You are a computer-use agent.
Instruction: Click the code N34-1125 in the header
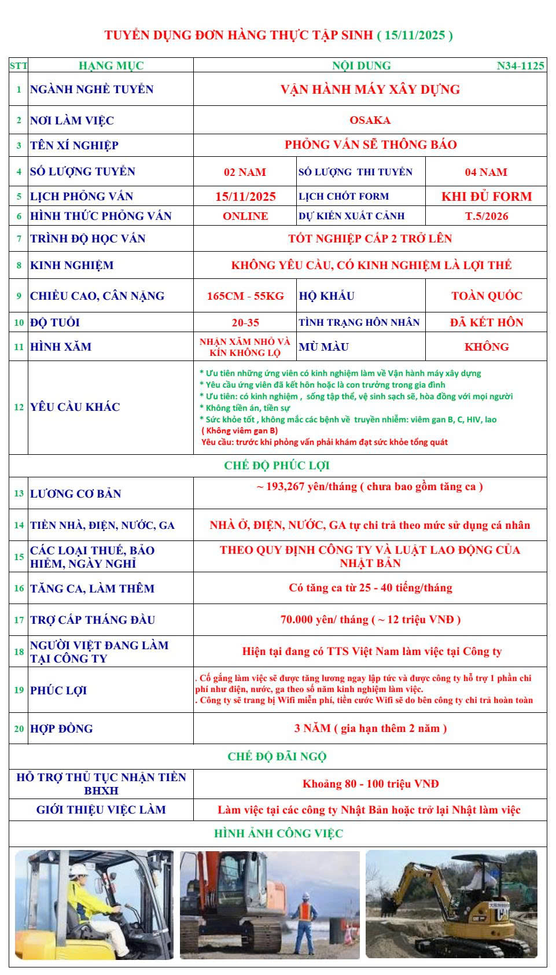(520, 66)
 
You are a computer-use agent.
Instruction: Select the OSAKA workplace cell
(370, 120)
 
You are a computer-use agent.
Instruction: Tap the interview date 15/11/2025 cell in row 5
(245, 197)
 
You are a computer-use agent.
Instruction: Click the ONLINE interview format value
(245, 216)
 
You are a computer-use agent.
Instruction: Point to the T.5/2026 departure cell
(487, 216)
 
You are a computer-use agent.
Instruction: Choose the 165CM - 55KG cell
(245, 296)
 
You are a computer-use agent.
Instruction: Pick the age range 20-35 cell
(245, 323)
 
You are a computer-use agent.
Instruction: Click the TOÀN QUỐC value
(487, 296)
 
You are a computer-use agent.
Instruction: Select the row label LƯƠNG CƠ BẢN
(76, 494)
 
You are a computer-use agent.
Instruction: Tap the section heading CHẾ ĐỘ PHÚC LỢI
(277, 466)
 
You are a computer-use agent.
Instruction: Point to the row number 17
(19, 620)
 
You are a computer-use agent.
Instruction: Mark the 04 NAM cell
(486, 172)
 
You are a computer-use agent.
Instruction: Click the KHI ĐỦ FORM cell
(487, 197)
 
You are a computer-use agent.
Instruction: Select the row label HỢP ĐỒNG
(61, 729)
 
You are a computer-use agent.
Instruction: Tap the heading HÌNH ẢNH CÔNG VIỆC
(278, 834)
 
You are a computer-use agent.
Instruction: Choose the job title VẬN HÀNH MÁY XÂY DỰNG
(370, 90)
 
